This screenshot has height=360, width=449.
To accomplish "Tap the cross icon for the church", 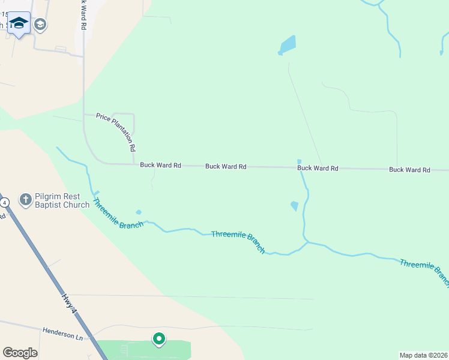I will pos(26,200).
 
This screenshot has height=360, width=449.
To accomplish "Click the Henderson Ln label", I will pos(62,331).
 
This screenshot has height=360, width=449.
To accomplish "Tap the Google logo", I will pos(20,353).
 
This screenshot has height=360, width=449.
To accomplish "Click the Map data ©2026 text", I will pos(423,355).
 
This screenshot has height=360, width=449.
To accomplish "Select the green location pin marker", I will pos(158,340).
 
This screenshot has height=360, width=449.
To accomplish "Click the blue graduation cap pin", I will pos(19,23).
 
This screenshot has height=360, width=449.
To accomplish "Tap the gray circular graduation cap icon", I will pos(41,25).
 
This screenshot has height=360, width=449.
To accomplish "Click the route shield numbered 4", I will pos(5,203).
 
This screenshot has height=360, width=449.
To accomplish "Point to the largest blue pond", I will pos(288,45).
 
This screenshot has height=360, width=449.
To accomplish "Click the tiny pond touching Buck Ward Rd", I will pos(299,161).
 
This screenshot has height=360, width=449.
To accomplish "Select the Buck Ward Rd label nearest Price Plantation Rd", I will pos(160,165).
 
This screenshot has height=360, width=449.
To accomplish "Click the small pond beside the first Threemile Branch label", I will pos(139,212).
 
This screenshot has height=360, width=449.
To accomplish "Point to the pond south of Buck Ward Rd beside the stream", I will pos(294,206).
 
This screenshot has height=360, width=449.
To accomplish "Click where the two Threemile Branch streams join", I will pos(306,242).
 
